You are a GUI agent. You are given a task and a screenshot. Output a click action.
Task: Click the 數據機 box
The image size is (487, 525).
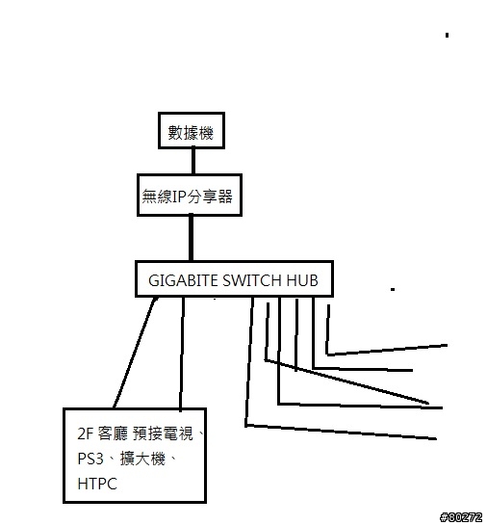tap(192, 130)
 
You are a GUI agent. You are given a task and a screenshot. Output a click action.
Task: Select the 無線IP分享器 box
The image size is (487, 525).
tap(190, 195)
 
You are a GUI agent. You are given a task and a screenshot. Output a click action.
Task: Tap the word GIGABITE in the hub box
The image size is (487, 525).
tap(183, 280)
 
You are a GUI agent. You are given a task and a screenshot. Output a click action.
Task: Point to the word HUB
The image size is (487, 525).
tap(302, 280)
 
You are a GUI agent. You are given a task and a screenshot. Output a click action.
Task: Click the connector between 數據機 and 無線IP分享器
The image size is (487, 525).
tap(193, 161)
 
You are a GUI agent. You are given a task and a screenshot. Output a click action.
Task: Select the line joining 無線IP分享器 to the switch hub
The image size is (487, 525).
tap(191, 238)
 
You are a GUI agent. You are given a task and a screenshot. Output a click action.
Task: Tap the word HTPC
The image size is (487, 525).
tap(97, 484)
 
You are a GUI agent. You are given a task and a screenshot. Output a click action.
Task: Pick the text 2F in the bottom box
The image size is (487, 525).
tap(85, 433)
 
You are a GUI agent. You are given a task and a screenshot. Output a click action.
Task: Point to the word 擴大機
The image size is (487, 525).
tap(142, 459)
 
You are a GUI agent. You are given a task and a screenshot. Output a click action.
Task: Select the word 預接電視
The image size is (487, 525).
tap(163, 433)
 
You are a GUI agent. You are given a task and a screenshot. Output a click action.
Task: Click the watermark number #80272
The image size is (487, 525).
tap(461, 517)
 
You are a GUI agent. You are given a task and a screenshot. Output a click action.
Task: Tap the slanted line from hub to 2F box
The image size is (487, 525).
tap(135, 353)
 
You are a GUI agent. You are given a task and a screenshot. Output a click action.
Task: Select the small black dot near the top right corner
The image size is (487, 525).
tap(447, 35)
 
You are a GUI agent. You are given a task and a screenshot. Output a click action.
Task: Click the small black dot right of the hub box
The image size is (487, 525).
tap(393, 289)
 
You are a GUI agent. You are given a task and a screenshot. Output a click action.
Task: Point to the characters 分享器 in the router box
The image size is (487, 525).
tap(210, 197)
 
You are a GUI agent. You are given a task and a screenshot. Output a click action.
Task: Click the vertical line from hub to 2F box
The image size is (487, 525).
tap(182, 354)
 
